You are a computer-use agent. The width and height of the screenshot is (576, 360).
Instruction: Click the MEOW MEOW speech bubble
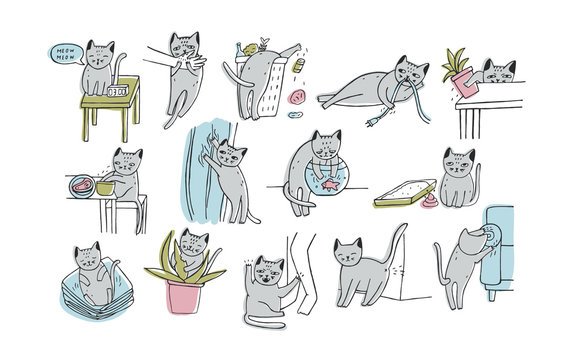pyautogui.click(x=62, y=52)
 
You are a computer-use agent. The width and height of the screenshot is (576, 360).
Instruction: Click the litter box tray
pyautogui.click(x=402, y=199)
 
